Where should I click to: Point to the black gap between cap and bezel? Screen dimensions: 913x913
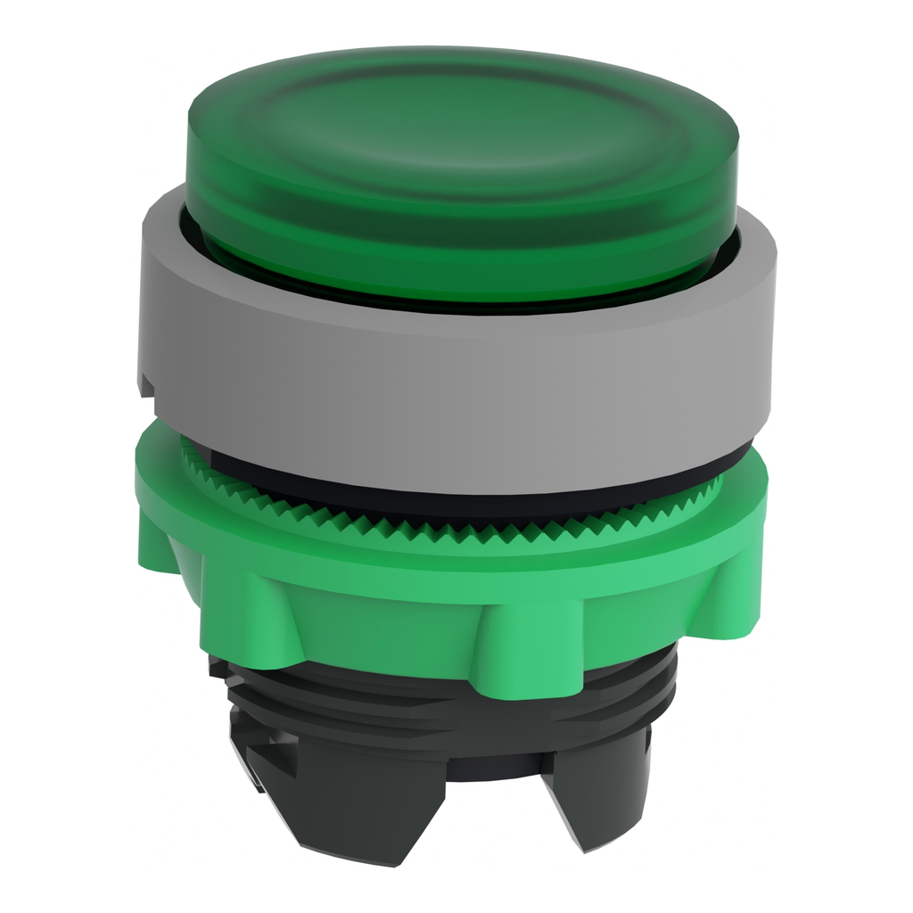point(464,306)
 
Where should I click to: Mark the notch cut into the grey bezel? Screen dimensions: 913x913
point(145,385)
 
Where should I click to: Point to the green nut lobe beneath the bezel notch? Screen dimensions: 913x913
point(169,535)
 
